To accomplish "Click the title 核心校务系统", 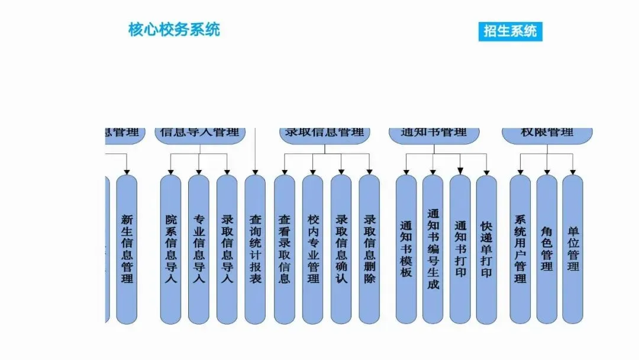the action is [174, 30].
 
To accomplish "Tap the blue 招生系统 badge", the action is [510, 31].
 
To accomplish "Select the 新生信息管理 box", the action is [127, 249].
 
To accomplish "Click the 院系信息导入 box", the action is [171, 249].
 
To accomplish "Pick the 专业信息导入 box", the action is [199, 249].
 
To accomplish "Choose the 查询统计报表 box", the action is [255, 249].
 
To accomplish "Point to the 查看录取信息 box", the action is [284, 249].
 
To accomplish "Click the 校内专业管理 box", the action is [312, 249].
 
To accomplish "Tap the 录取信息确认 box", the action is [341, 249].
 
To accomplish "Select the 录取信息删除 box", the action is [369, 249].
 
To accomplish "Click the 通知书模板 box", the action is [406, 249].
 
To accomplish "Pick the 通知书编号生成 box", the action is [433, 249].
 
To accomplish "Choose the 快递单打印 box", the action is [486, 249].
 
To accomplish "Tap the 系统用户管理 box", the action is [520, 249].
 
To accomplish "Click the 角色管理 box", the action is [547, 249].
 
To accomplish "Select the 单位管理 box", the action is [573, 249].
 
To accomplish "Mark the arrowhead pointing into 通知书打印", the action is [460, 171].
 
